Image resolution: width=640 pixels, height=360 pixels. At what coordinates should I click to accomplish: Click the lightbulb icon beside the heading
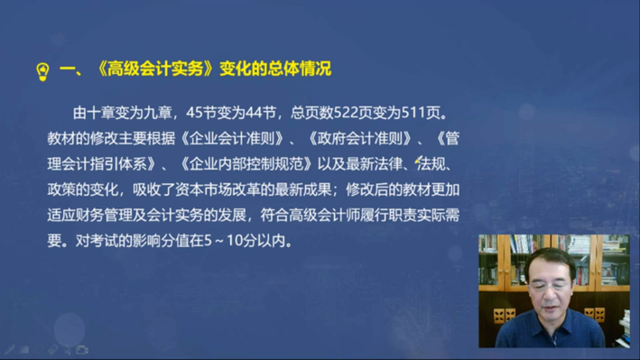[41, 70]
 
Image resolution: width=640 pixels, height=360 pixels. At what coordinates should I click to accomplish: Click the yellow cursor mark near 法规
[419, 159]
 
